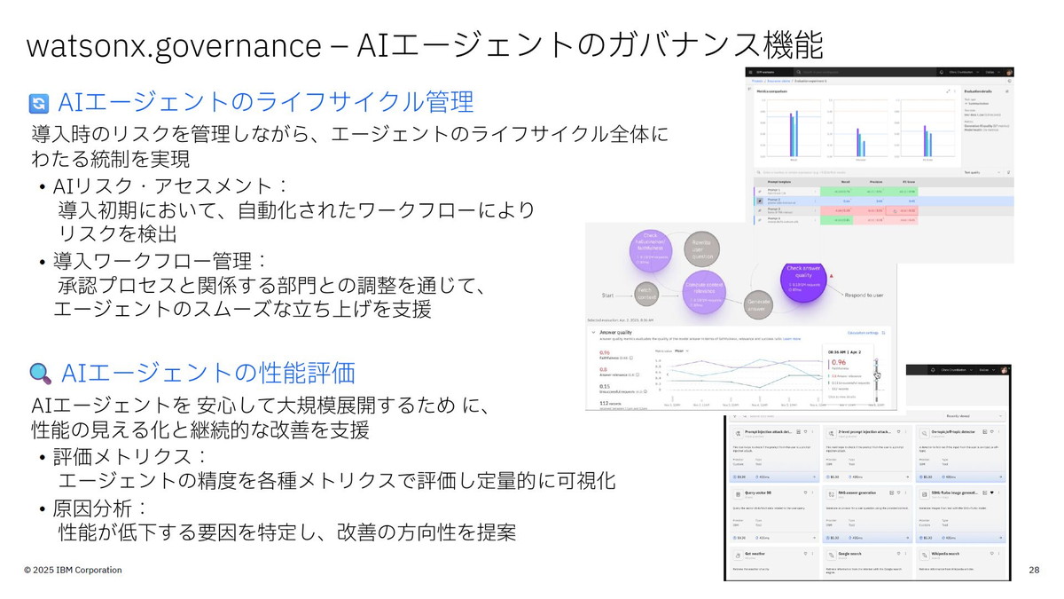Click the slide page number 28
pyautogui.click(x=1034, y=570)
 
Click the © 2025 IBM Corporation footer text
pyautogui.click(x=73, y=570)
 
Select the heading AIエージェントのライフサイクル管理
pyautogui.click(x=266, y=103)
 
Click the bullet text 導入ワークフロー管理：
pyautogui.click(x=160, y=262)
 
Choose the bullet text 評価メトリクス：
pyautogui.click(x=129, y=457)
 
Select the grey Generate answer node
pyautogui.click(x=758, y=304)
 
